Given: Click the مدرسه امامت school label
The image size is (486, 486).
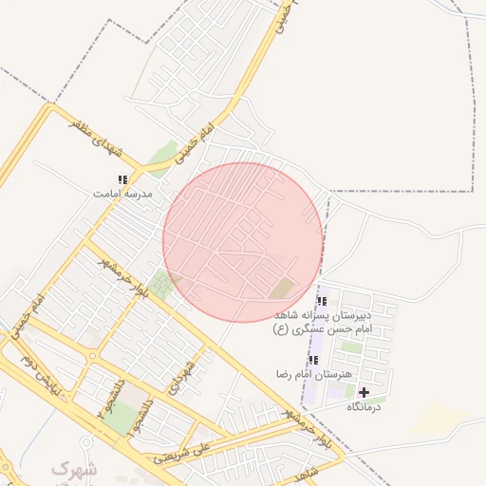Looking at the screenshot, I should point(122,193).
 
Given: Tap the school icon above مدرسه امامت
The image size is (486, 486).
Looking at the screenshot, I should point(122,179).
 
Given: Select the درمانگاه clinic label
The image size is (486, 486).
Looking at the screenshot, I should point(363,406).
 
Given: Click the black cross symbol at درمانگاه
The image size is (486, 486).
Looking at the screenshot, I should point(364,392).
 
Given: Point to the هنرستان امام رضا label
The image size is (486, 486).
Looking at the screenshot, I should point(311,374).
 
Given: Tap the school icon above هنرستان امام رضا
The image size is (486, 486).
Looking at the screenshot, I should point(313,361).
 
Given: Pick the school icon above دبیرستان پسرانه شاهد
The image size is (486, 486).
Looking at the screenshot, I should point(321,301).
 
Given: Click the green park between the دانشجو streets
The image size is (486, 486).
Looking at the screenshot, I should point(121,418).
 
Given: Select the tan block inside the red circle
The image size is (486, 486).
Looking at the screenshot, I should point(283,287).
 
